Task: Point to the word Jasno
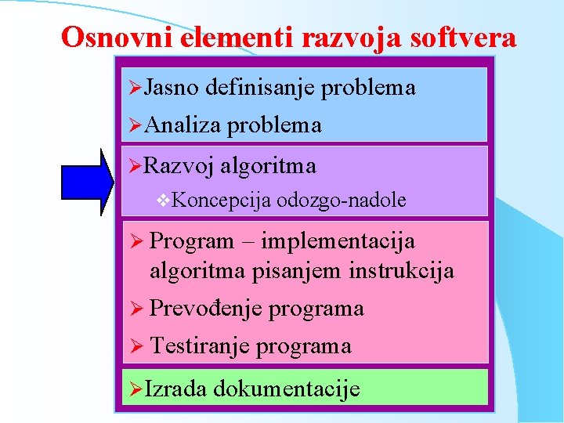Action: (171, 88)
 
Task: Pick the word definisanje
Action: (259, 88)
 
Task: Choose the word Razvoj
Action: (179, 166)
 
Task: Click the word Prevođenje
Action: (206, 309)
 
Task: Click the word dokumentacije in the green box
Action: (286, 389)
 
